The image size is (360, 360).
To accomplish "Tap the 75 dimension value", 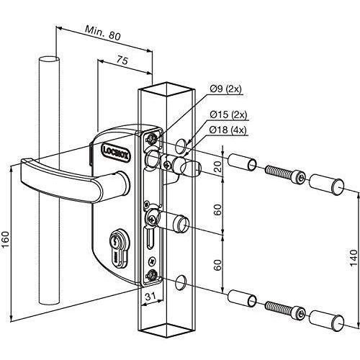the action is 122,60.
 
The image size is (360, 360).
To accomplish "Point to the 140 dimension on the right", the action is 354,258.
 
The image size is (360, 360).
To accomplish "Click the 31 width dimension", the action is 150,297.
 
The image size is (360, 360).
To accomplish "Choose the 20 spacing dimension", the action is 218,166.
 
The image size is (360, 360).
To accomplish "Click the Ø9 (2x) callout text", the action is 225,89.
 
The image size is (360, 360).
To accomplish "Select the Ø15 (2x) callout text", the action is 228,114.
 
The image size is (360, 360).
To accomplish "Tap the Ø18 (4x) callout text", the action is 228,130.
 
